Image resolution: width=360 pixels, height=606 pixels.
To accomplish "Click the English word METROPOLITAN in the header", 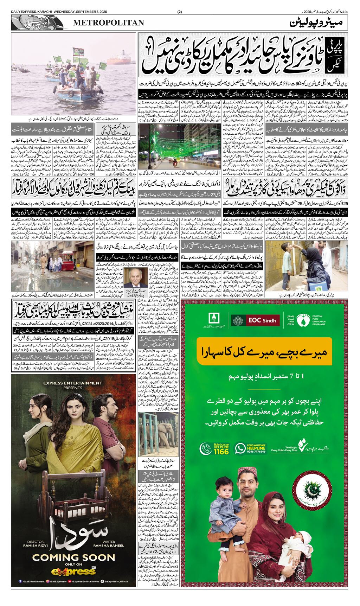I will click(108, 23).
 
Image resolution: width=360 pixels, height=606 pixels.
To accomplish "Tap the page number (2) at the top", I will click(180, 12).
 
